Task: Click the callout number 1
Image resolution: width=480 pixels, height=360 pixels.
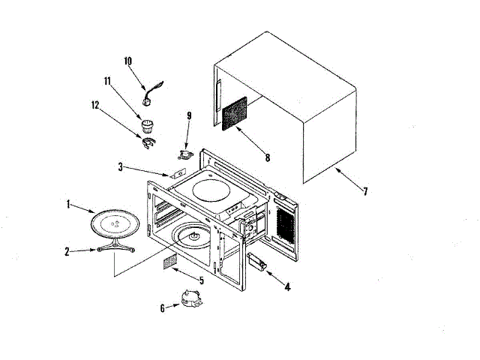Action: pyautogui.click(x=68, y=203)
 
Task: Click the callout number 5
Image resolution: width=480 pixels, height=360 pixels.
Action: pyautogui.click(x=200, y=280)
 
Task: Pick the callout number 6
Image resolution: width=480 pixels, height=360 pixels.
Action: pyautogui.click(x=162, y=307)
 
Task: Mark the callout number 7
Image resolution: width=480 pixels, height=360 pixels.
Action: pyautogui.click(x=365, y=191)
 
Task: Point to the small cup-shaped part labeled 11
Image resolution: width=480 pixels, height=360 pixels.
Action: pyautogui.click(x=148, y=121)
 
